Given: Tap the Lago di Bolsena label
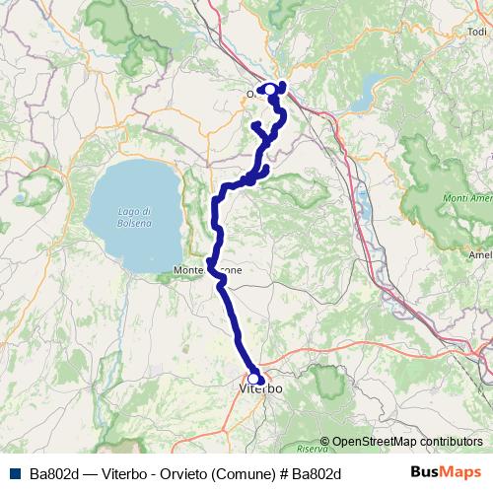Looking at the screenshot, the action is tap(133, 217).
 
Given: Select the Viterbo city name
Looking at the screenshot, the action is tap(261, 389).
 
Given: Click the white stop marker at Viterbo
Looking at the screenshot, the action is tap(254, 378).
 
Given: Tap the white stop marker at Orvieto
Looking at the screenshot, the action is tap(270, 90).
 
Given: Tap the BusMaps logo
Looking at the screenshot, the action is tap(447, 471).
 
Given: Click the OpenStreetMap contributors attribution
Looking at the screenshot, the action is tap(407, 442).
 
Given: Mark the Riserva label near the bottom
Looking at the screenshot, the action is tap(336, 421).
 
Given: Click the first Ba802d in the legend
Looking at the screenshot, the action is tap(52, 472).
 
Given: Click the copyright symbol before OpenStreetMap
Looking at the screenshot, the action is tap(326, 442).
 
